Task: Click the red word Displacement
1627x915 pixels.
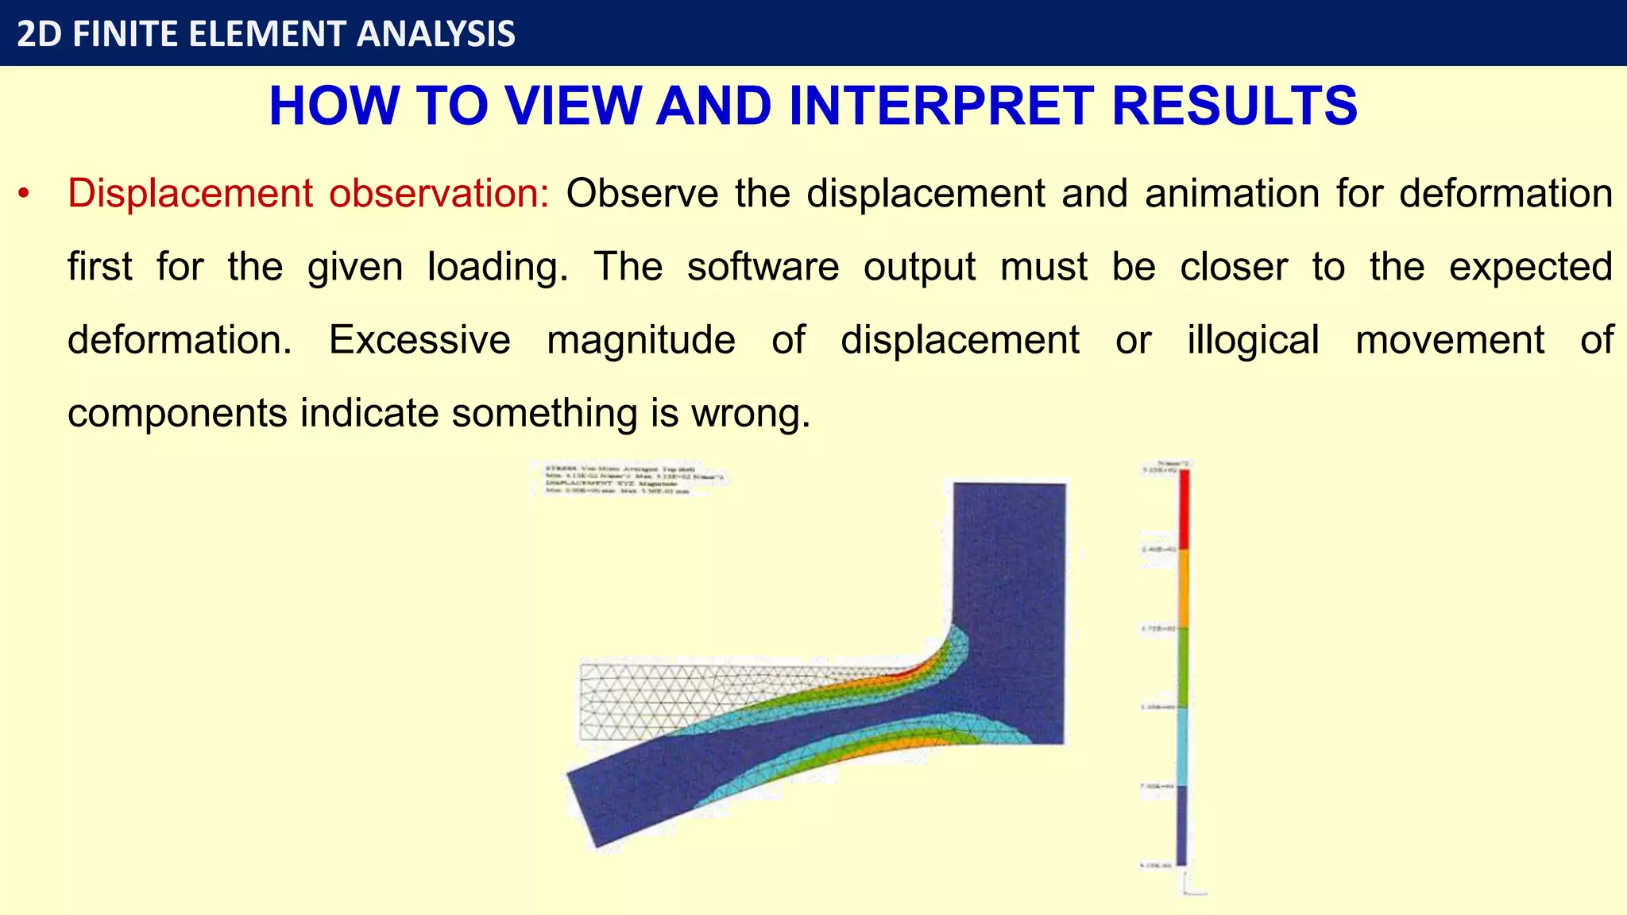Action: [x=190, y=194]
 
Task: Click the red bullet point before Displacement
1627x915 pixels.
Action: [x=25, y=194]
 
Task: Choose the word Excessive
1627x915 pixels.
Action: [x=419, y=340]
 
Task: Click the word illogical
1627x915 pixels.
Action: [x=1253, y=340]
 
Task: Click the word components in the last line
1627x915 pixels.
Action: [x=177, y=413]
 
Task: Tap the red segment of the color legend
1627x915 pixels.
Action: [x=1183, y=509]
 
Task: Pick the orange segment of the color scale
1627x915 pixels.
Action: [x=1183, y=588]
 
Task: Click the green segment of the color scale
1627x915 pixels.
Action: [x=1183, y=666]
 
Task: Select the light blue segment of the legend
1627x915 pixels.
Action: [x=1183, y=745]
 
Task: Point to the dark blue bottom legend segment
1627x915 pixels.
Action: [x=1181, y=824]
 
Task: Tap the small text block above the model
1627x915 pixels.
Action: [x=632, y=480]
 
